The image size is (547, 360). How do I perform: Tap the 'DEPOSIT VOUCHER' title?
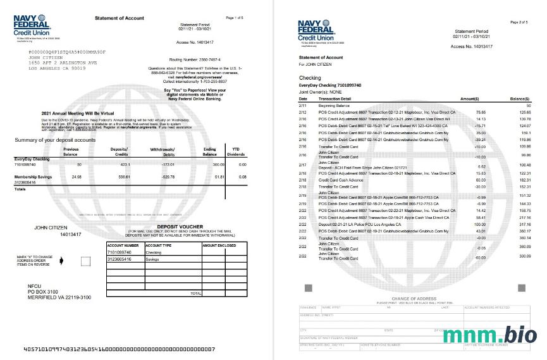[x=181, y=226]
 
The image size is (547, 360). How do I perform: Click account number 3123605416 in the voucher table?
[x=120, y=259]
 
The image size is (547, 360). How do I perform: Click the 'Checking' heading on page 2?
[x=310, y=78]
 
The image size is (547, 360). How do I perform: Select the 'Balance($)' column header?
[x=520, y=99]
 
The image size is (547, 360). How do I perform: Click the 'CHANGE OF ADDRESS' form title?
[x=415, y=298]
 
